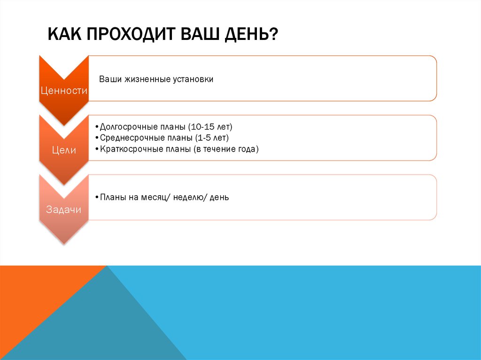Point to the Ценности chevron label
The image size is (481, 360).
click(x=64, y=91)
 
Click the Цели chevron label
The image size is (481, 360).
click(x=64, y=150)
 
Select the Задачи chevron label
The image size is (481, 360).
click(x=64, y=210)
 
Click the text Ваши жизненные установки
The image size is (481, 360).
click(x=156, y=79)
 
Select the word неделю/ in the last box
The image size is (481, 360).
click(x=189, y=198)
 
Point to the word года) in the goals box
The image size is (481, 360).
click(x=248, y=149)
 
